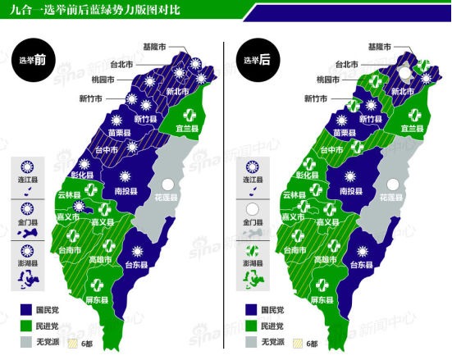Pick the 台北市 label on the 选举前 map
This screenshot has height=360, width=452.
click(123, 62)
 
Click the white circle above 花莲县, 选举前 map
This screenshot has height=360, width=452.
click(170, 185)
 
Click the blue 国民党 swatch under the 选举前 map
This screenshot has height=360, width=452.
click(25, 311)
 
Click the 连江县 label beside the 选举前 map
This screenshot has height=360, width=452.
click(27, 180)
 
